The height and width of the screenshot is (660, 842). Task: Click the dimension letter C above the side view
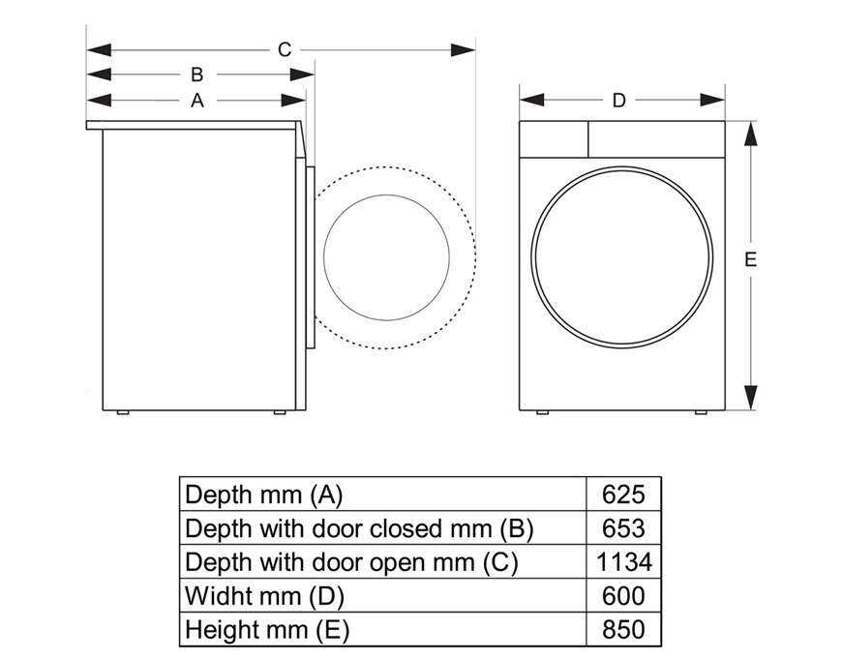(285, 50)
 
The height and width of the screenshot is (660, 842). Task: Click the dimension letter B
(197, 75)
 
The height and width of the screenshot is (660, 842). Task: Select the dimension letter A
(197, 100)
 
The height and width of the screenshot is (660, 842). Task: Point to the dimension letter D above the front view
(619, 100)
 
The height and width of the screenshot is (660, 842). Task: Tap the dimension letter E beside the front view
(751, 259)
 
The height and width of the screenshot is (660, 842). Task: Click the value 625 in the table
(623, 495)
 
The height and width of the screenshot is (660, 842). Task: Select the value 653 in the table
(623, 528)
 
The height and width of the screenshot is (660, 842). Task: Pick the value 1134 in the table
(624, 562)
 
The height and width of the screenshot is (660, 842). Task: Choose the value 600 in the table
(623, 596)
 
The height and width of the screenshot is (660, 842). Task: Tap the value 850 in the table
(623, 629)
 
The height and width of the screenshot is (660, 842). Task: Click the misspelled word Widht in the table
(218, 595)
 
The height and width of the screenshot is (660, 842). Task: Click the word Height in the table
(220, 629)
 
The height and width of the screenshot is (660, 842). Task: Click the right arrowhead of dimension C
(463, 50)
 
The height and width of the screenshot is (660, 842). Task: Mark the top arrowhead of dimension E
(751, 134)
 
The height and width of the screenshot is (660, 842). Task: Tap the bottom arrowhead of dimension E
(751, 398)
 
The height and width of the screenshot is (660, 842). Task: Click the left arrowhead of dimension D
(531, 100)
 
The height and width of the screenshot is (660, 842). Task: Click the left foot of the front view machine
(543, 412)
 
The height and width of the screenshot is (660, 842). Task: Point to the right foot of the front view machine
(702, 412)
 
